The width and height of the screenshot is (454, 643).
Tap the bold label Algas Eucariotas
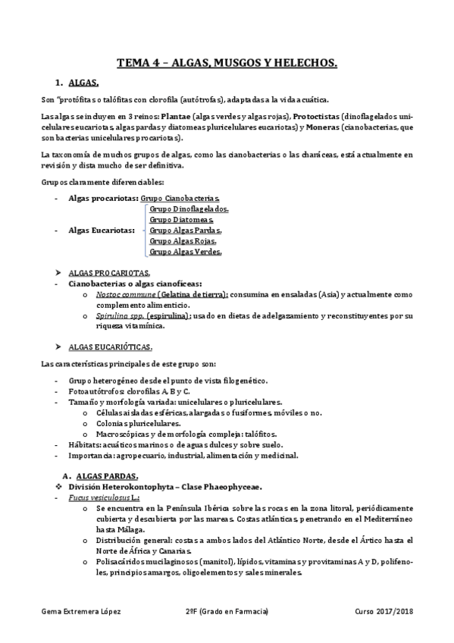pyautogui.click(x=102, y=230)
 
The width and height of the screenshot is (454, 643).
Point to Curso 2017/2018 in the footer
pyautogui.click(x=384, y=611)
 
